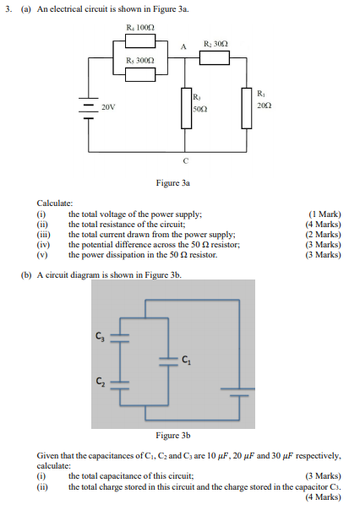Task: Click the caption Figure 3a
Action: (173, 182)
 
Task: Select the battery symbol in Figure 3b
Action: (237, 391)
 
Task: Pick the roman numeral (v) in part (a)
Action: (42, 254)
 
